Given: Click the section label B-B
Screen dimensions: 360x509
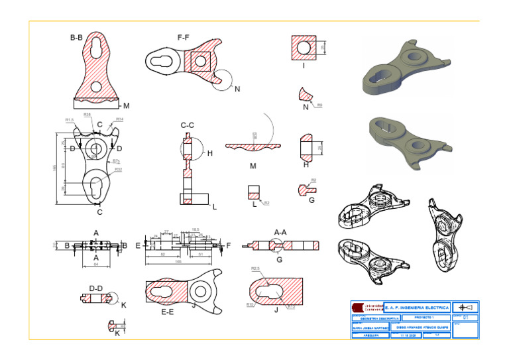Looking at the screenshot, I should (x=78, y=38).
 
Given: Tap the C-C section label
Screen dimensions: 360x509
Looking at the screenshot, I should (x=188, y=125).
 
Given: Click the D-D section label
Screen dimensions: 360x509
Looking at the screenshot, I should (x=95, y=288).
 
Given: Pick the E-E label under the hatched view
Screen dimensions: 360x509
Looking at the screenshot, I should (x=168, y=311).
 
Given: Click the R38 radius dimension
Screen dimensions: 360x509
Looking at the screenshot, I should (x=87, y=115).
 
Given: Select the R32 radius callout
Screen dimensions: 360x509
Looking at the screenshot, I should (x=118, y=170).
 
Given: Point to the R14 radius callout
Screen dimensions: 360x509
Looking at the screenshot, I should (x=119, y=119).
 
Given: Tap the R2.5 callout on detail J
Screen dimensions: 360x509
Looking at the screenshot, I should (x=255, y=269).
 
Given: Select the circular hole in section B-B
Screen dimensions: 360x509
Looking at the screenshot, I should (x=97, y=86).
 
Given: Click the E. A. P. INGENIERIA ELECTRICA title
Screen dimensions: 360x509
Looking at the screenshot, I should (x=417, y=308).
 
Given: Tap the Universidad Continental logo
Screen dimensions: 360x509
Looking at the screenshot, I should (x=367, y=308).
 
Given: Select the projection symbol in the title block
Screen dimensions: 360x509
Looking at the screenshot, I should (x=466, y=308).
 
